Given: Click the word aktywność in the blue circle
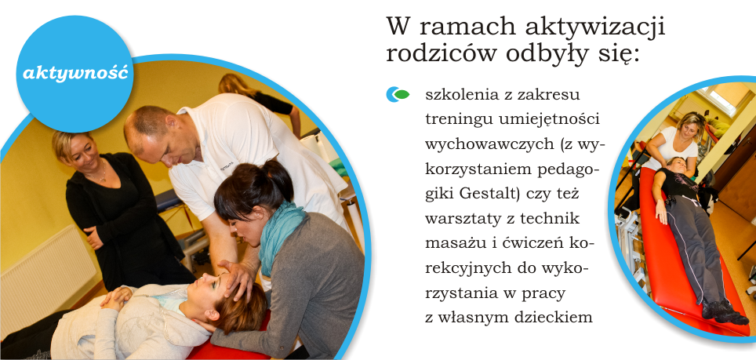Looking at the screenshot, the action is pos(75,74).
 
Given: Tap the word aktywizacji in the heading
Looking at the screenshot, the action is pos(595,27).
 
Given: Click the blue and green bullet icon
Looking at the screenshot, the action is pos(398,94).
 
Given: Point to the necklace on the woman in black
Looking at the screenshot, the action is pos(100,173).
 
